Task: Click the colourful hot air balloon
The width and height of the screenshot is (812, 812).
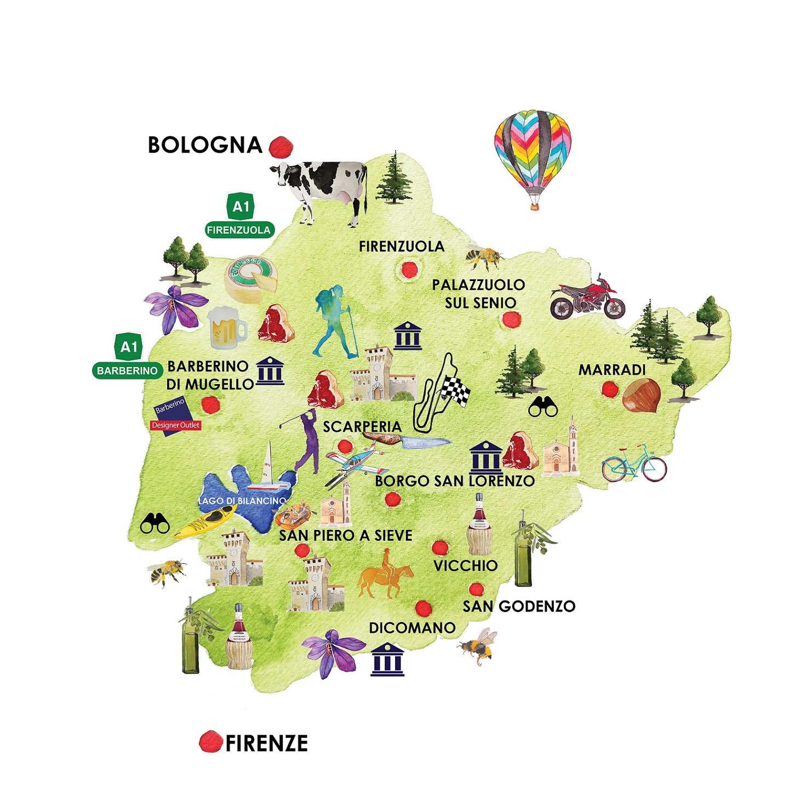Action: click(533, 153)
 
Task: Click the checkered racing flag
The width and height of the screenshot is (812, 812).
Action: click(456, 391)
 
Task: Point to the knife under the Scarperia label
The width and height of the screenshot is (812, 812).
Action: click(408, 440)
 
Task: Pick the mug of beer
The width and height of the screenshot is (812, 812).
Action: click(226, 328)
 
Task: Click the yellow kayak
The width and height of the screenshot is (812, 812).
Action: click(205, 522)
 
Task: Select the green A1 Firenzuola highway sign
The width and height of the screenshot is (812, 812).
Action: click(240, 217)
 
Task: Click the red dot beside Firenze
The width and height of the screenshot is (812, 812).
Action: click(210, 742)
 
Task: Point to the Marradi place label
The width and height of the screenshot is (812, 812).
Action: click(612, 370)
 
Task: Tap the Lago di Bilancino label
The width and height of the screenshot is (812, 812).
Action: click(242, 501)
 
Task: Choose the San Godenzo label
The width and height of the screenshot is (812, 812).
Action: click(519, 607)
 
